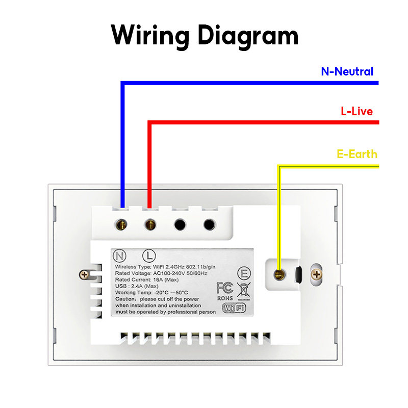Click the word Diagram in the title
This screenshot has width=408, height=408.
coord(248,36)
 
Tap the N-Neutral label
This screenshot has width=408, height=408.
coord(347,72)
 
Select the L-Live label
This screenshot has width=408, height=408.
coord(356,111)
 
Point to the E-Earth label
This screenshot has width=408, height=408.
coord(357,154)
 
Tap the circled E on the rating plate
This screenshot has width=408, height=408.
coord(245,273)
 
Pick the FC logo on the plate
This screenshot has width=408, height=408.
coord(224,287)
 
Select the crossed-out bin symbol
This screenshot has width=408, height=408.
coord(244,290)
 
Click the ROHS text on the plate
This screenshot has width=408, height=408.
coord(224,298)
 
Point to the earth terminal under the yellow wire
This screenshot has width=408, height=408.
coord(278,275)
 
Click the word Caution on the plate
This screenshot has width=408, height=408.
coord(126,298)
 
